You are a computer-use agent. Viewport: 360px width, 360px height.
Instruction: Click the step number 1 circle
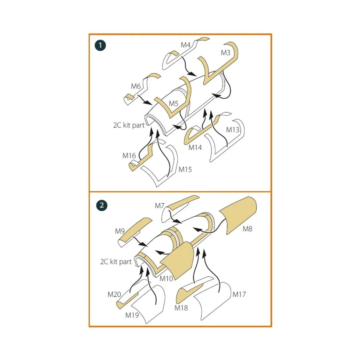pyautogui.click(x=100, y=45)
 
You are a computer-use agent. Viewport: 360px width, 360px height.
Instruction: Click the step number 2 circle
pyautogui.click(x=102, y=205)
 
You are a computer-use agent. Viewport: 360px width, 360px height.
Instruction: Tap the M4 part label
pyautogui.click(x=185, y=45)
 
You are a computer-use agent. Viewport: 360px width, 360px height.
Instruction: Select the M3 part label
pyautogui.click(x=226, y=53)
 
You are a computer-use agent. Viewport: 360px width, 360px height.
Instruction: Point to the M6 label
pyautogui.click(x=136, y=86)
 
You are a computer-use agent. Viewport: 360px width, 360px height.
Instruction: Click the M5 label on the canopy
pyautogui.click(x=174, y=103)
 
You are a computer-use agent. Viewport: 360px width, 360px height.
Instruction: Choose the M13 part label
pyautogui.click(x=232, y=130)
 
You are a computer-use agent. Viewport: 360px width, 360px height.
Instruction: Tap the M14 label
pyautogui.click(x=195, y=148)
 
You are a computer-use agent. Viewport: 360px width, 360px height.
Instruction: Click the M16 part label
pyautogui.click(x=129, y=155)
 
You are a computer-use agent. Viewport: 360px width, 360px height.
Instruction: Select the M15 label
pyautogui.click(x=185, y=169)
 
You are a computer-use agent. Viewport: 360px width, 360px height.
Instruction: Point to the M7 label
pyautogui.click(x=160, y=206)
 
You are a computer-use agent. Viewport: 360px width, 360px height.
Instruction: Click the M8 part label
pyautogui.click(x=247, y=229)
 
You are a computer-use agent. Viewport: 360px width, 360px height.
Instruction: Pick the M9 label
pyautogui.click(x=120, y=231)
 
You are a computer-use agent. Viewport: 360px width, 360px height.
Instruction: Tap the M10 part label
pyautogui.click(x=166, y=279)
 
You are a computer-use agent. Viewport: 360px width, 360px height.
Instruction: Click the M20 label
pyautogui.click(x=114, y=295)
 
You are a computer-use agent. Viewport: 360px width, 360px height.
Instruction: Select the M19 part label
pyautogui.click(x=132, y=315)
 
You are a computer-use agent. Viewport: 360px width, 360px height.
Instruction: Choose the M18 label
pyautogui.click(x=181, y=308)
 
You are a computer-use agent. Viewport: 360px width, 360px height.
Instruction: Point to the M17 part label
pyautogui.click(x=239, y=294)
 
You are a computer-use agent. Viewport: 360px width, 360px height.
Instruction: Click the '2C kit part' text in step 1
pyautogui.click(x=129, y=125)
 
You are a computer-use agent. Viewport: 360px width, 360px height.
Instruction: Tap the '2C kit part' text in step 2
pyautogui.click(x=116, y=262)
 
